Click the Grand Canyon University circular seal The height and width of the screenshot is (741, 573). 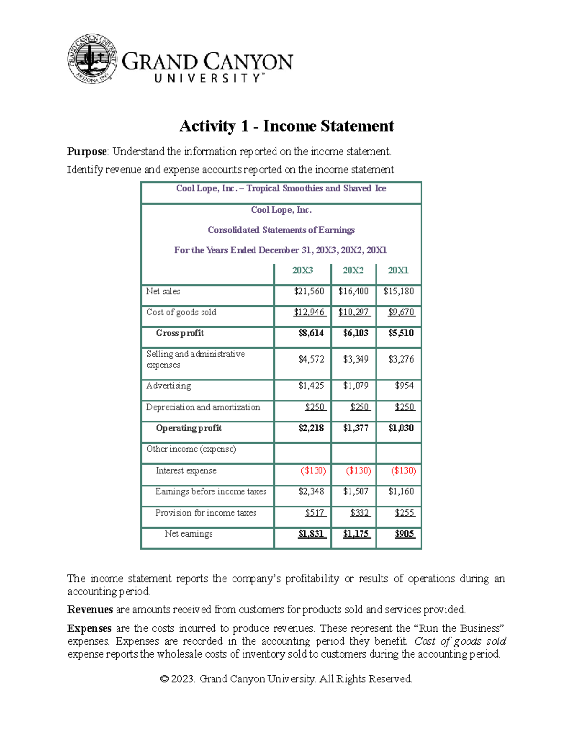(x=93, y=60)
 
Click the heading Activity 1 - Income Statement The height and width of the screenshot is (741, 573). (x=286, y=126)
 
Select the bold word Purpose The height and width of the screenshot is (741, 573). (x=87, y=152)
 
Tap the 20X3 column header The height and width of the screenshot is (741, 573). (x=303, y=271)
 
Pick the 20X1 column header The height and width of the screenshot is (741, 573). (x=398, y=271)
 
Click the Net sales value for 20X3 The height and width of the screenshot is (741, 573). (x=309, y=292)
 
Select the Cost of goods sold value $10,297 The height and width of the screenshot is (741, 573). (x=354, y=313)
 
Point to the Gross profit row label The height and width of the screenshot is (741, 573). (x=180, y=333)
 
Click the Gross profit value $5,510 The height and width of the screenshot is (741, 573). (x=401, y=333)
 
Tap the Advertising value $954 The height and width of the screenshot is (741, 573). (x=404, y=386)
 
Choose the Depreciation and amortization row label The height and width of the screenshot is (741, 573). (x=203, y=407)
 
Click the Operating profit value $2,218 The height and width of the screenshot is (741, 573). (x=311, y=428)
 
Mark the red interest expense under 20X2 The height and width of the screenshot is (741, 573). (x=358, y=470)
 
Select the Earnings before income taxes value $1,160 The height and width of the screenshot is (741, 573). (x=401, y=491)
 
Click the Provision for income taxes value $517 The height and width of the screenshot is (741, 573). (x=315, y=513)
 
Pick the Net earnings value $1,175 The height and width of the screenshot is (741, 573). (x=356, y=534)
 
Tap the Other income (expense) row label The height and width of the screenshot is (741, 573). (x=191, y=449)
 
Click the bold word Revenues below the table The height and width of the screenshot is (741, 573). (x=90, y=610)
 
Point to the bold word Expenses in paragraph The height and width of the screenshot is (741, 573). (x=89, y=628)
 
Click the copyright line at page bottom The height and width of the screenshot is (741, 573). (x=286, y=679)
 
